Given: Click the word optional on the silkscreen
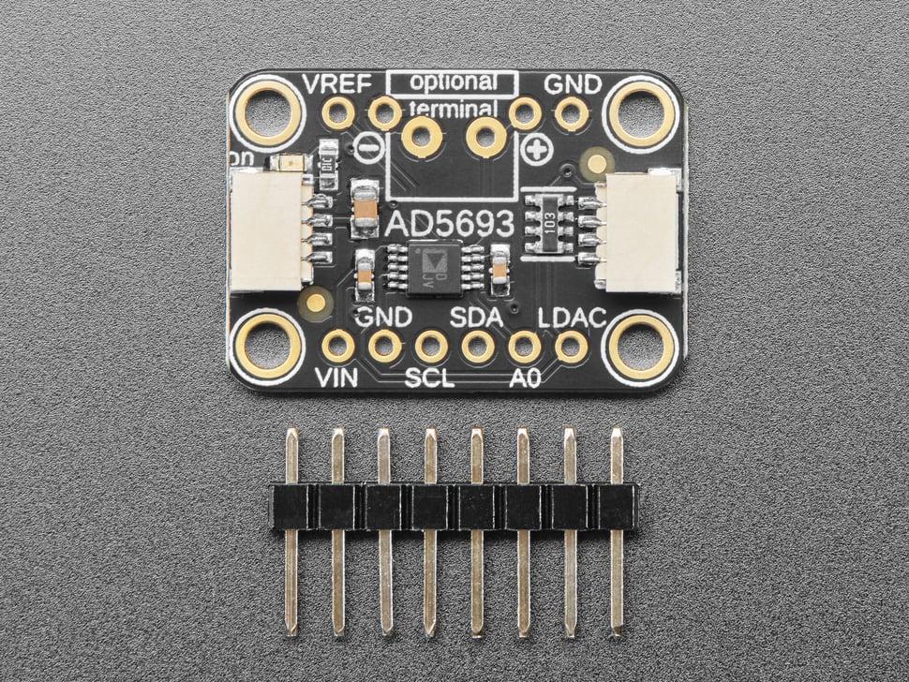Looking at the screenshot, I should [453, 82].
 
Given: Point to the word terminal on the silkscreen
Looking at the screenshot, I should [453, 104].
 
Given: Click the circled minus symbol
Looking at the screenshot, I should [368, 146].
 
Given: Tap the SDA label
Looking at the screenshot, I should [477, 317].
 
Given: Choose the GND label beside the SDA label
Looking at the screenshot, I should [385, 317].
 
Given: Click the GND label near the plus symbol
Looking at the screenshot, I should [573, 83].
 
